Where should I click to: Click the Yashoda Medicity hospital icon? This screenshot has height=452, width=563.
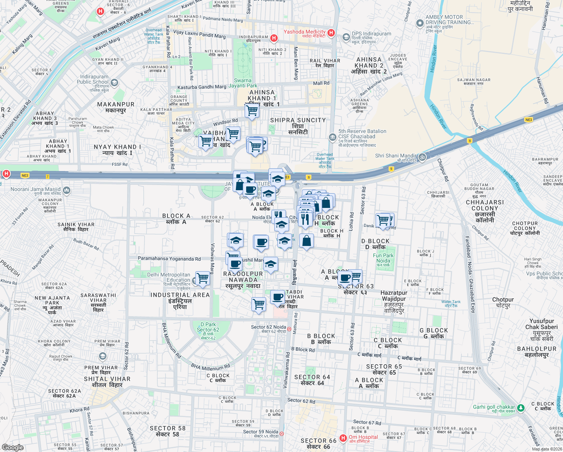click(x=331, y=33)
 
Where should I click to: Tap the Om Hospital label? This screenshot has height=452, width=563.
click(x=363, y=437)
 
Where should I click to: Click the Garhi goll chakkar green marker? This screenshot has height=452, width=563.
click(x=520, y=408)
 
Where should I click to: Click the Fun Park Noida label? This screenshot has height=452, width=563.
click(x=383, y=258)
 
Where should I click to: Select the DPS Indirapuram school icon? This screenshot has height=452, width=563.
click(x=346, y=37)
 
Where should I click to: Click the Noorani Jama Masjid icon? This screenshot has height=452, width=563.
click(x=67, y=190)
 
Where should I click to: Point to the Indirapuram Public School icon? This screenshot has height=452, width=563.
click(x=114, y=82)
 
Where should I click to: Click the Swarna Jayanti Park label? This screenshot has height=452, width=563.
click(x=243, y=83)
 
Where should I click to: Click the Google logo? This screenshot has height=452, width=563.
click(x=12, y=447)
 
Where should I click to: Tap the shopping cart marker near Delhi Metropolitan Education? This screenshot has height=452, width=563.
click(x=203, y=278)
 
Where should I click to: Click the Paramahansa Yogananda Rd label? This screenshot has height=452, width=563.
click(x=169, y=259)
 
